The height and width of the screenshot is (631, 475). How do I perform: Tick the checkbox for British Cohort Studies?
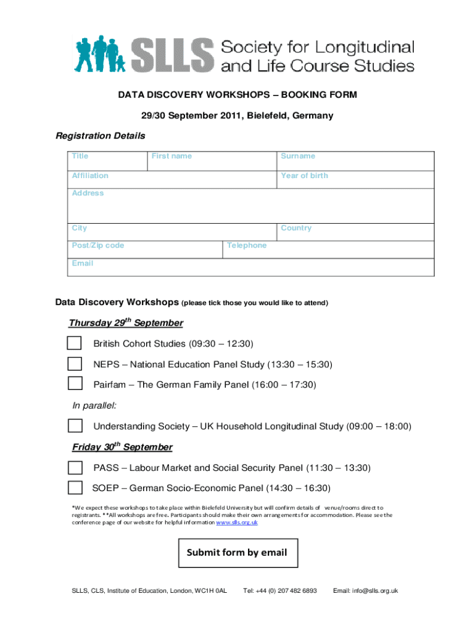[75, 343]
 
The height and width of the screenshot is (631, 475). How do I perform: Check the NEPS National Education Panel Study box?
[75, 364]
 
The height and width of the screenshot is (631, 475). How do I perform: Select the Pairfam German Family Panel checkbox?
[75, 383]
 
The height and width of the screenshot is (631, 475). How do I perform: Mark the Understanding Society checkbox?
[75, 426]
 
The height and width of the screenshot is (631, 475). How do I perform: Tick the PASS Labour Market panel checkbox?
[75, 468]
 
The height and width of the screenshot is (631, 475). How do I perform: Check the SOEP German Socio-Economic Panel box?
[75, 488]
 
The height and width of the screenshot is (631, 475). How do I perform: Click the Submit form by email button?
[237, 553]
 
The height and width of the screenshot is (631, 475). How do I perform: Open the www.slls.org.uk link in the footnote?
[236, 523]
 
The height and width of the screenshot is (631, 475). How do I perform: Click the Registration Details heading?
[101, 136]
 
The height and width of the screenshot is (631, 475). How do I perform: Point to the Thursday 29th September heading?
[126, 323]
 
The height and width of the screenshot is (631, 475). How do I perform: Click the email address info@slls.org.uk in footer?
[365, 591]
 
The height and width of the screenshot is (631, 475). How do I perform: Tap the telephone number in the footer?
[280, 591]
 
